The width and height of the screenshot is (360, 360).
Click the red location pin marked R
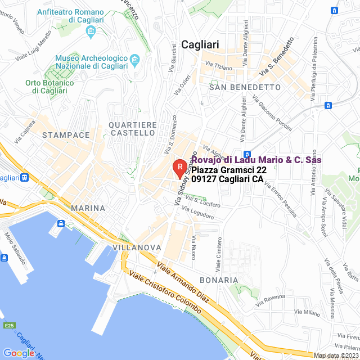click(179, 167)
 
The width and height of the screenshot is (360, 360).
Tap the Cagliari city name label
click(200, 45)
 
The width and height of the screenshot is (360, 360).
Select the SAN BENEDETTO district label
click(245, 88)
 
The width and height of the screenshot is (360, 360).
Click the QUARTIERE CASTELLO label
click(133, 128)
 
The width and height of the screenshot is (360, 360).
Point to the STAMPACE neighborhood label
click(66, 135)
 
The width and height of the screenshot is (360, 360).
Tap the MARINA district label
click(88, 208)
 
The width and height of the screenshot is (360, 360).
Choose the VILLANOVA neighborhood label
click(137, 247)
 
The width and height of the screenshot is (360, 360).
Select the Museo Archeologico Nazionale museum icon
click(134, 59)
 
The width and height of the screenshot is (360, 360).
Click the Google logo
click(19, 353)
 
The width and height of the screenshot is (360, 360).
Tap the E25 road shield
click(8, 325)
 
